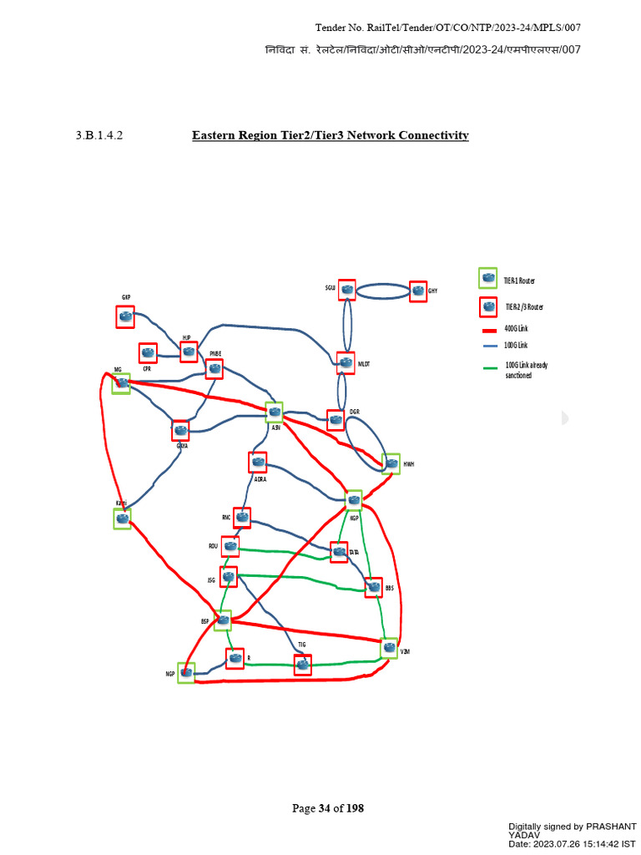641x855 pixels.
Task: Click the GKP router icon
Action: pyautogui.click(x=125, y=316)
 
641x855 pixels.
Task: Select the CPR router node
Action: pyautogui.click(x=148, y=353)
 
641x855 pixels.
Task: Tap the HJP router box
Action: pyautogui.click(x=189, y=352)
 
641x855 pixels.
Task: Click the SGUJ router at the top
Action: pyautogui.click(x=347, y=290)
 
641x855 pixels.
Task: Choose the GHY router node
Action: pyautogui.click(x=418, y=291)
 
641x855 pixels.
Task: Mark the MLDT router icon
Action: pyautogui.click(x=346, y=362)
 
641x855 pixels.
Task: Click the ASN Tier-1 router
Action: pyautogui.click(x=274, y=412)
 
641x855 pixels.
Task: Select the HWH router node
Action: pyautogui.click(x=391, y=463)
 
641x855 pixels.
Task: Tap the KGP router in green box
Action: pyautogui.click(x=354, y=500)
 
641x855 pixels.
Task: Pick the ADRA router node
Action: pyautogui.click(x=258, y=462)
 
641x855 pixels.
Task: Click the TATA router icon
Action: pyautogui.click(x=339, y=552)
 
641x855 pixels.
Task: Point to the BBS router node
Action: pyautogui.click(x=373, y=588)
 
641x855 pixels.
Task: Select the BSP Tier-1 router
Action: pyautogui.click(x=223, y=620)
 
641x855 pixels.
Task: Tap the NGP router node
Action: pyautogui.click(x=186, y=672)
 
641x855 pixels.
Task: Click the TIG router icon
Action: pyautogui.click(x=302, y=665)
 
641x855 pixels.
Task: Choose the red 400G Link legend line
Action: pyautogui.click(x=489, y=330)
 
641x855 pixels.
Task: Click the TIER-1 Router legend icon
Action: pyautogui.click(x=487, y=278)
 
